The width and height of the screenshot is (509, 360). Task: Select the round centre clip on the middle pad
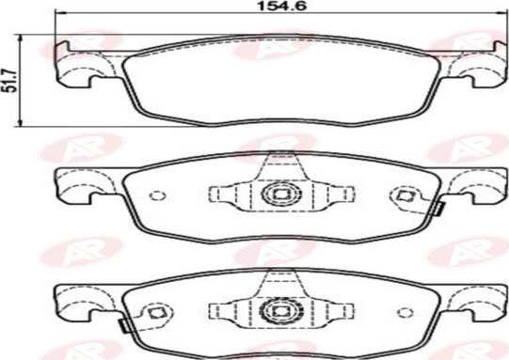coord(279,196)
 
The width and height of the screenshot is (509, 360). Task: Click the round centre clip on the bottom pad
coord(279,311)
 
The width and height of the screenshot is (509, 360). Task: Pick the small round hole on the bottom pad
coord(406,311)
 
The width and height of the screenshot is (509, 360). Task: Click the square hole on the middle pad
coord(406,196)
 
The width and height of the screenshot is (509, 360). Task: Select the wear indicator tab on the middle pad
coord(436,211)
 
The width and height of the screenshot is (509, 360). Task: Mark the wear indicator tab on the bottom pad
coord(123,325)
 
